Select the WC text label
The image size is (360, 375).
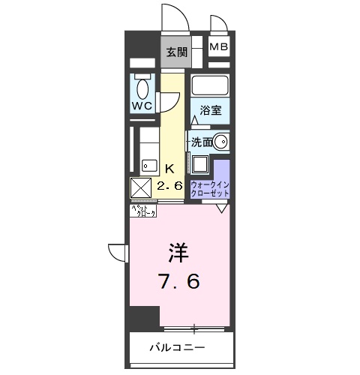142,106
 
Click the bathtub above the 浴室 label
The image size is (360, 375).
209,84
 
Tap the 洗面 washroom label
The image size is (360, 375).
200,142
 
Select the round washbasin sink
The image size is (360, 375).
221,141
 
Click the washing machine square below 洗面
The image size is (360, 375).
202,164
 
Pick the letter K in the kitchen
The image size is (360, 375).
170,168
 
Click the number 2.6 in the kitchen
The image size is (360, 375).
170,185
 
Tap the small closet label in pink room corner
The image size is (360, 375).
144,211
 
